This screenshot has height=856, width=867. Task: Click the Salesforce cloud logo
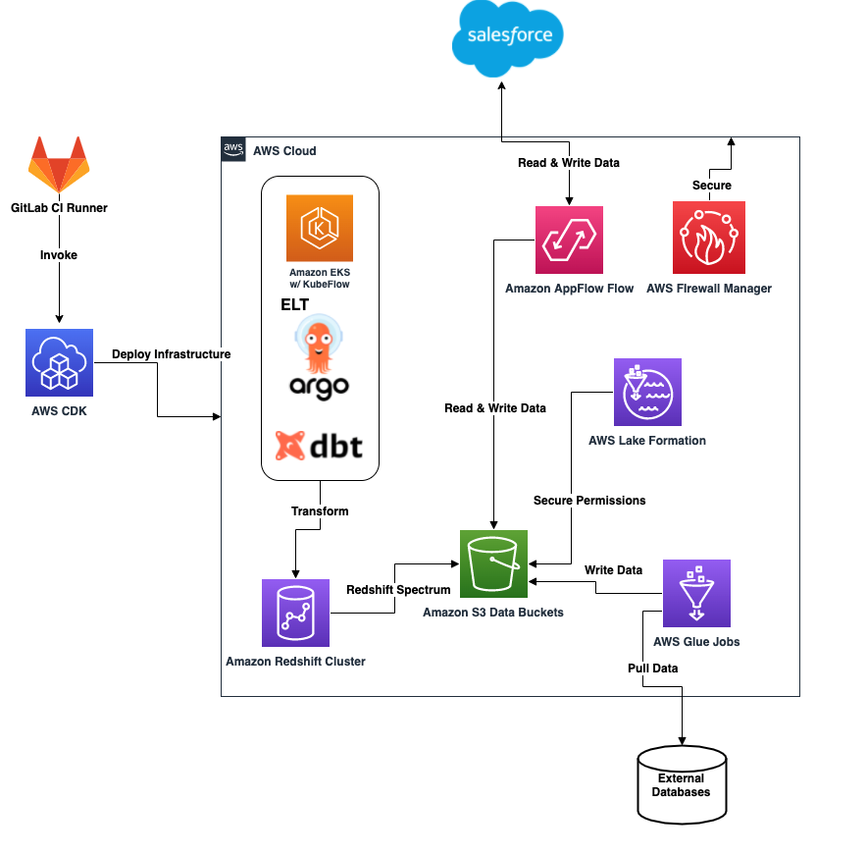pyautogui.click(x=509, y=38)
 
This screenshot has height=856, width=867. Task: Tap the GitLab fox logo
pyautogui.click(x=58, y=165)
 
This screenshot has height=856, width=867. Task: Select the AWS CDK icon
pyautogui.click(x=59, y=362)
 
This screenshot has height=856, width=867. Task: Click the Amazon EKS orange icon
pyautogui.click(x=319, y=228)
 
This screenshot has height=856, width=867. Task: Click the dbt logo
pyautogui.click(x=319, y=447)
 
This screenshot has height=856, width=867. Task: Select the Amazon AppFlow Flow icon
pyautogui.click(x=569, y=240)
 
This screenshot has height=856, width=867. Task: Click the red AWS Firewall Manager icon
pyautogui.click(x=708, y=237)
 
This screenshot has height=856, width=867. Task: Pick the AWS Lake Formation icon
pyautogui.click(x=647, y=392)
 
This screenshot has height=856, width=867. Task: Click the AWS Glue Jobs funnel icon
pyautogui.click(x=696, y=593)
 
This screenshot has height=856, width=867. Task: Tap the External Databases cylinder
pyautogui.click(x=683, y=784)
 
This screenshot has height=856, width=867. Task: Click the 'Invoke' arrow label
pyautogui.click(x=59, y=255)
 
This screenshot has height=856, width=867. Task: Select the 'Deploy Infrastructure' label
pyautogui.click(x=171, y=353)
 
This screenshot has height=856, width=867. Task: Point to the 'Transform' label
pyautogui.click(x=320, y=511)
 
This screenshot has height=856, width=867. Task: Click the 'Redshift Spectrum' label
pyautogui.click(x=398, y=590)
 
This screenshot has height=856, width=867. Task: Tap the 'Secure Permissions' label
pyautogui.click(x=589, y=501)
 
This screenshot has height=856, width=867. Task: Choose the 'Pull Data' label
pyautogui.click(x=652, y=669)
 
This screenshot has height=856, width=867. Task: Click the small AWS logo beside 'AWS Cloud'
pyautogui.click(x=233, y=149)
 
